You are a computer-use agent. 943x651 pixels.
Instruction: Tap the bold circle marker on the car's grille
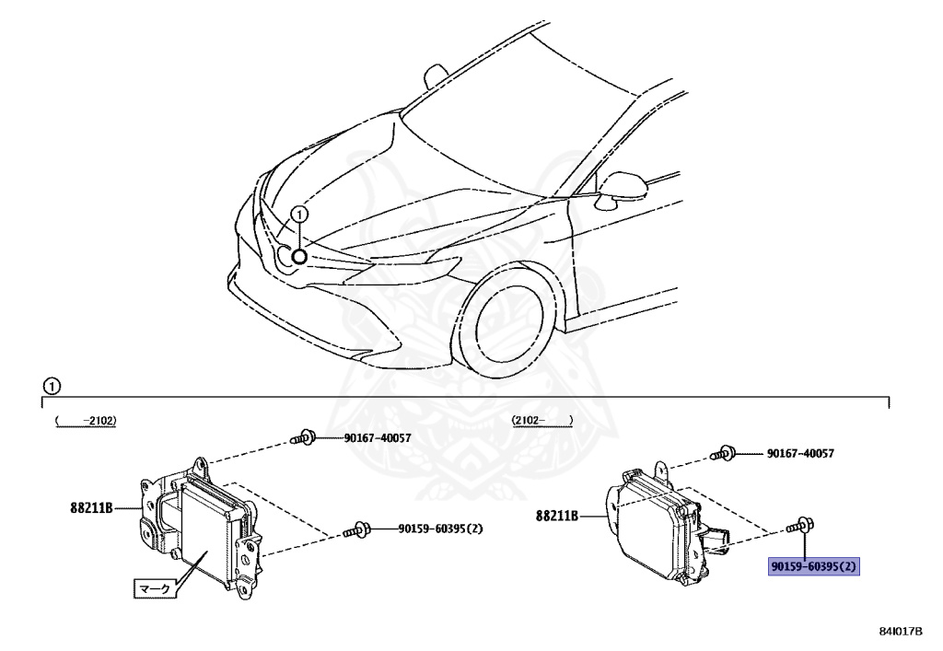[x=299, y=255]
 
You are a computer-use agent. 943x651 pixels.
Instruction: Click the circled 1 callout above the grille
[x=298, y=215]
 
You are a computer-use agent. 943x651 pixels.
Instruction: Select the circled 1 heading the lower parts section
[x=51, y=385]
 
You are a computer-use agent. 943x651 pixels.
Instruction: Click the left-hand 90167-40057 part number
[x=365, y=438]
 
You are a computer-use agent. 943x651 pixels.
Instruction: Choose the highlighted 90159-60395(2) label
[x=814, y=566]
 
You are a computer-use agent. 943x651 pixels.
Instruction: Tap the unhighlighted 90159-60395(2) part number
[x=440, y=529]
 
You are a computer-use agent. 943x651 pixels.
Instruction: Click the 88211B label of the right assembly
[x=556, y=517]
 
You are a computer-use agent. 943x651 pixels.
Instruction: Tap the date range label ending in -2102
[x=88, y=420]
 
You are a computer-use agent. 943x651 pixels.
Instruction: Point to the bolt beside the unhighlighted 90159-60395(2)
[x=355, y=529]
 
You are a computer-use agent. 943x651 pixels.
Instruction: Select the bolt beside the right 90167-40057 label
[x=723, y=453]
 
